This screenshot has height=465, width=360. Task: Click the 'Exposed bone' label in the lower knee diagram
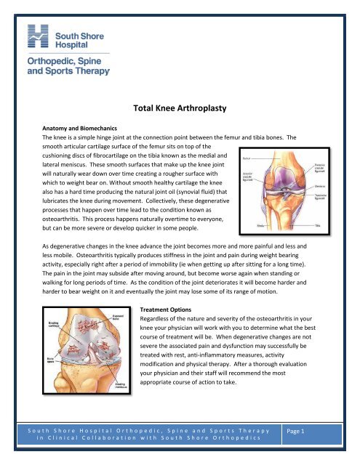coord(99,320)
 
